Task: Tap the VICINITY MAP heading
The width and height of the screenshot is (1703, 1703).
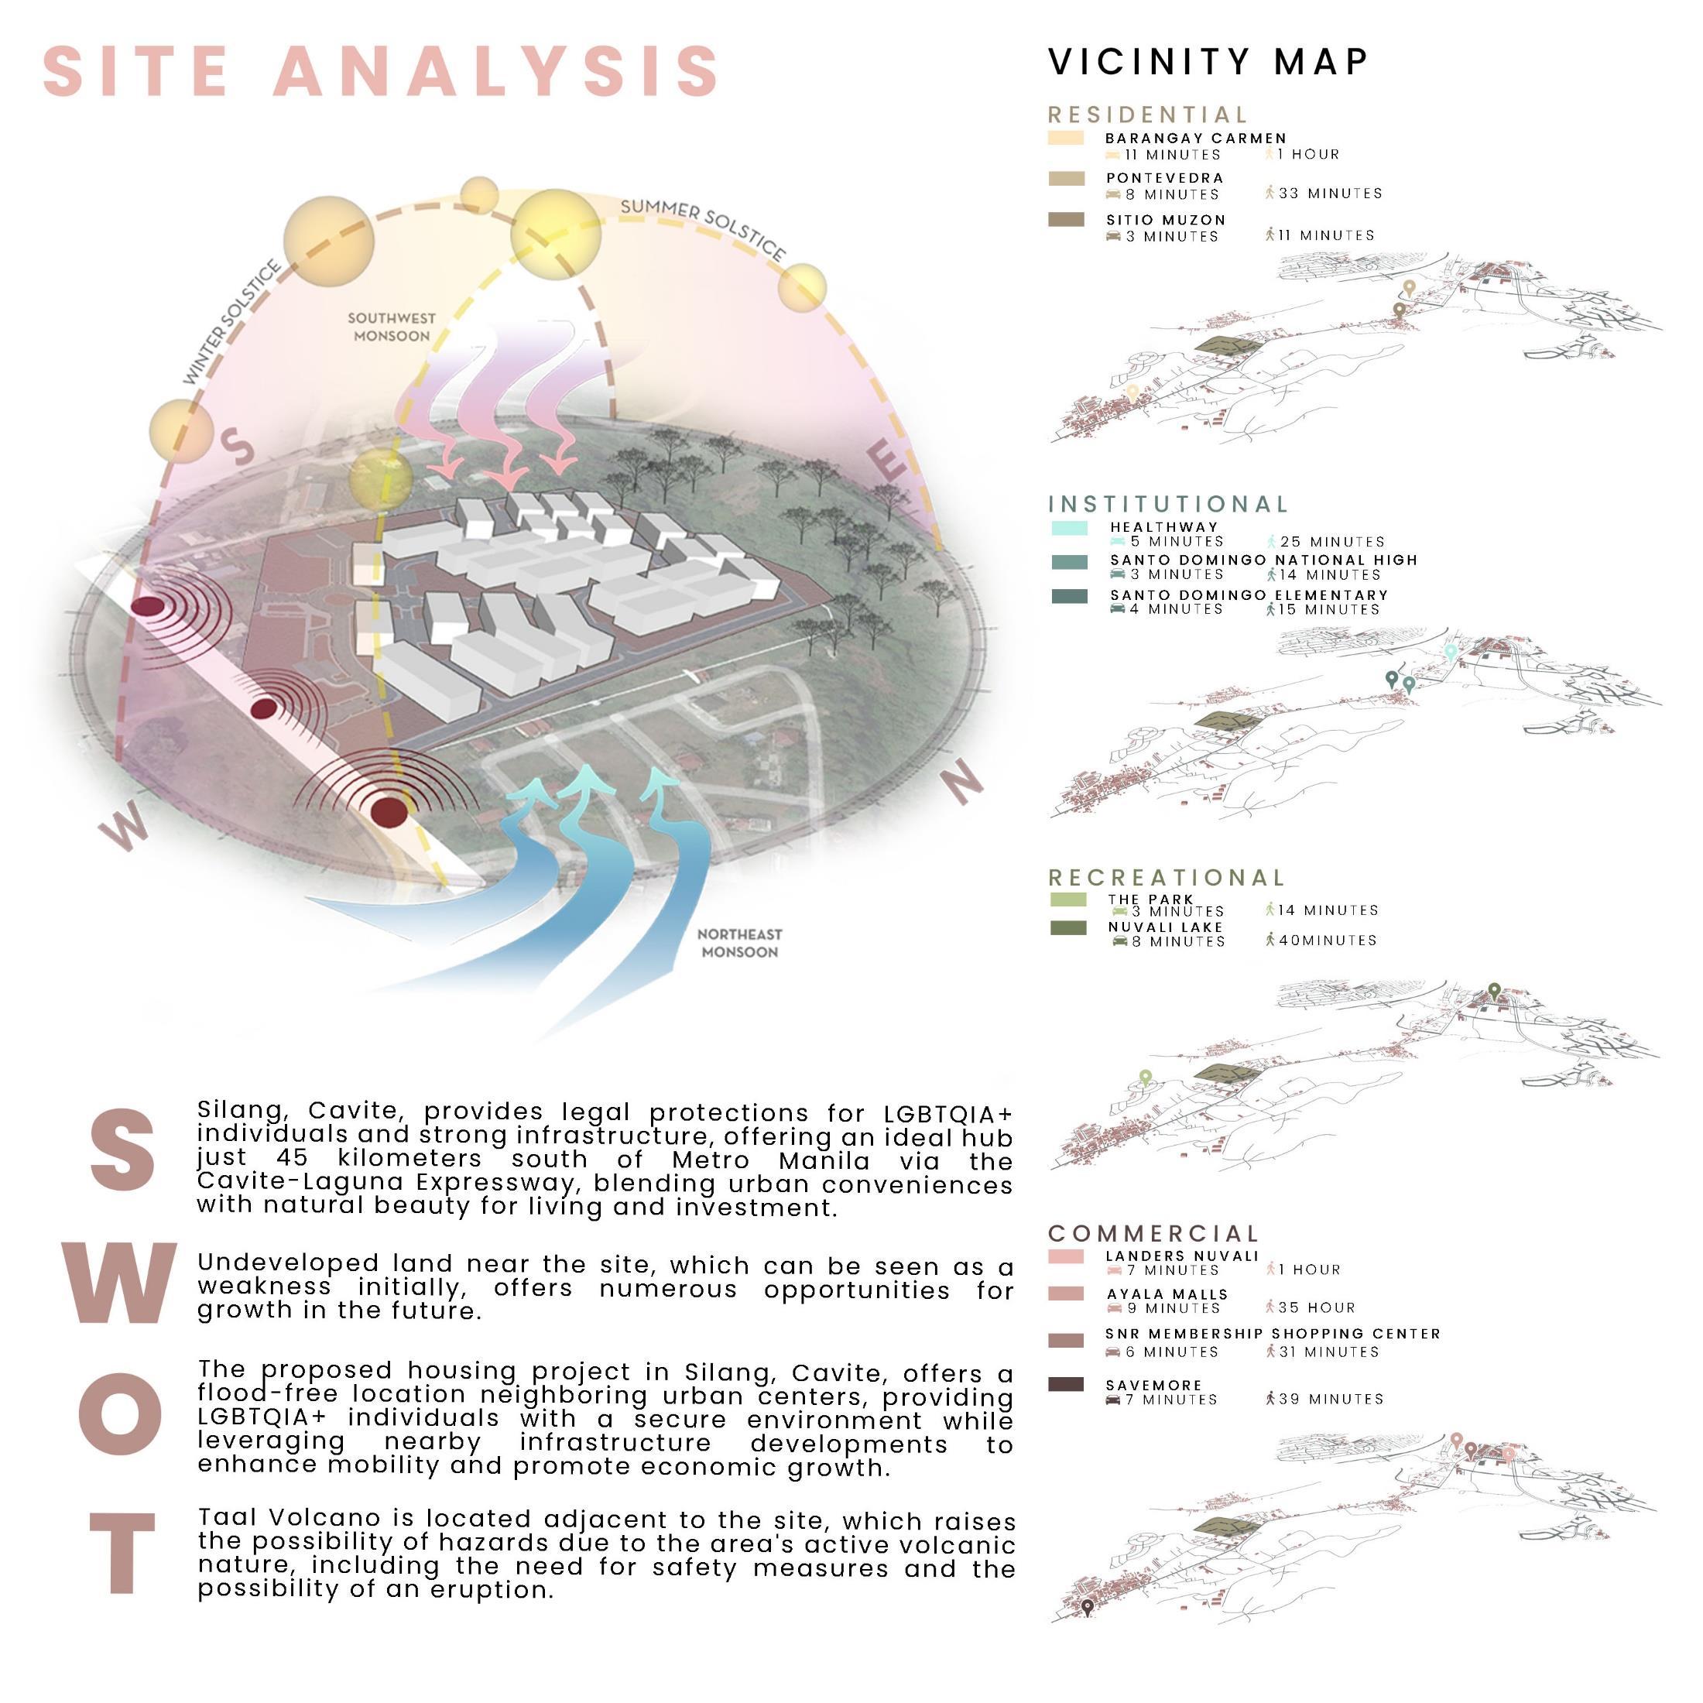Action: [x=1208, y=62]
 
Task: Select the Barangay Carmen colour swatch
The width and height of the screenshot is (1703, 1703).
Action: [x=1066, y=139]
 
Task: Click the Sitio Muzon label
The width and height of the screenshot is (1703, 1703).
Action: [x=1165, y=220]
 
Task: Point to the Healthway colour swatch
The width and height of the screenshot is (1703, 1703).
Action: [x=1069, y=528]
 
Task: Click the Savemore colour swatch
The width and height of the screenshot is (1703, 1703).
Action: [x=1066, y=1385]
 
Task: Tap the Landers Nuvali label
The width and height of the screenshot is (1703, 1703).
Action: [x=1181, y=1256]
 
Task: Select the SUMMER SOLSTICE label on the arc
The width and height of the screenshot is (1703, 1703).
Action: [x=703, y=229]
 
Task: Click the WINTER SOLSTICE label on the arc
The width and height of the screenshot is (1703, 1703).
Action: [x=231, y=323]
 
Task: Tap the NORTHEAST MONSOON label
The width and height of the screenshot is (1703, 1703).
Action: [x=739, y=943]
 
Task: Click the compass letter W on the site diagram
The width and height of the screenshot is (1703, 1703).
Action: [x=123, y=831]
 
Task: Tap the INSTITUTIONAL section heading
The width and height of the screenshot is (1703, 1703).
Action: [x=1168, y=504]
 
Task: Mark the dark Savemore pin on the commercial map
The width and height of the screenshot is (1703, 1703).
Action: [x=1088, y=1606]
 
